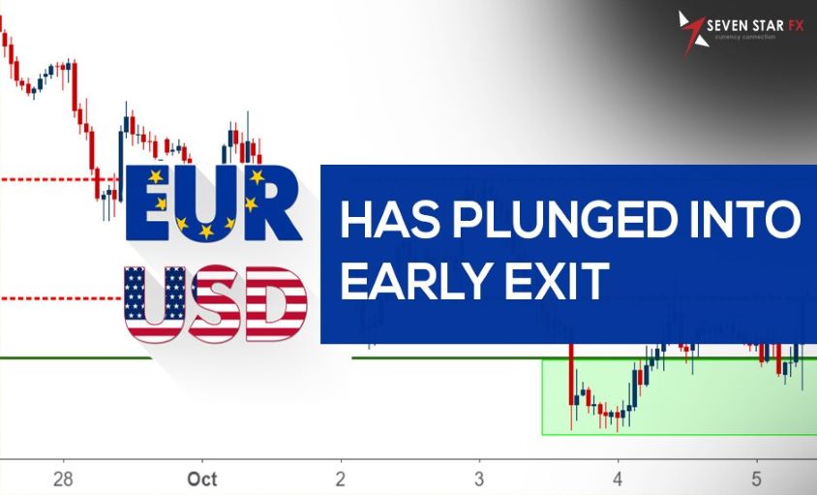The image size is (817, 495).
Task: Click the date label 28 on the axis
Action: coord(63,479)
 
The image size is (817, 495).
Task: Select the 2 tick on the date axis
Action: coord(341,479)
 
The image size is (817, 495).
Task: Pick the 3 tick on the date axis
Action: coord(479,479)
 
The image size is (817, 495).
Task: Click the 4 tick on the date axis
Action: coord(618,479)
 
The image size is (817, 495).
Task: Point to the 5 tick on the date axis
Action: coord(757,479)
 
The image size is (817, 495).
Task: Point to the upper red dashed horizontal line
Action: coord(48,179)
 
